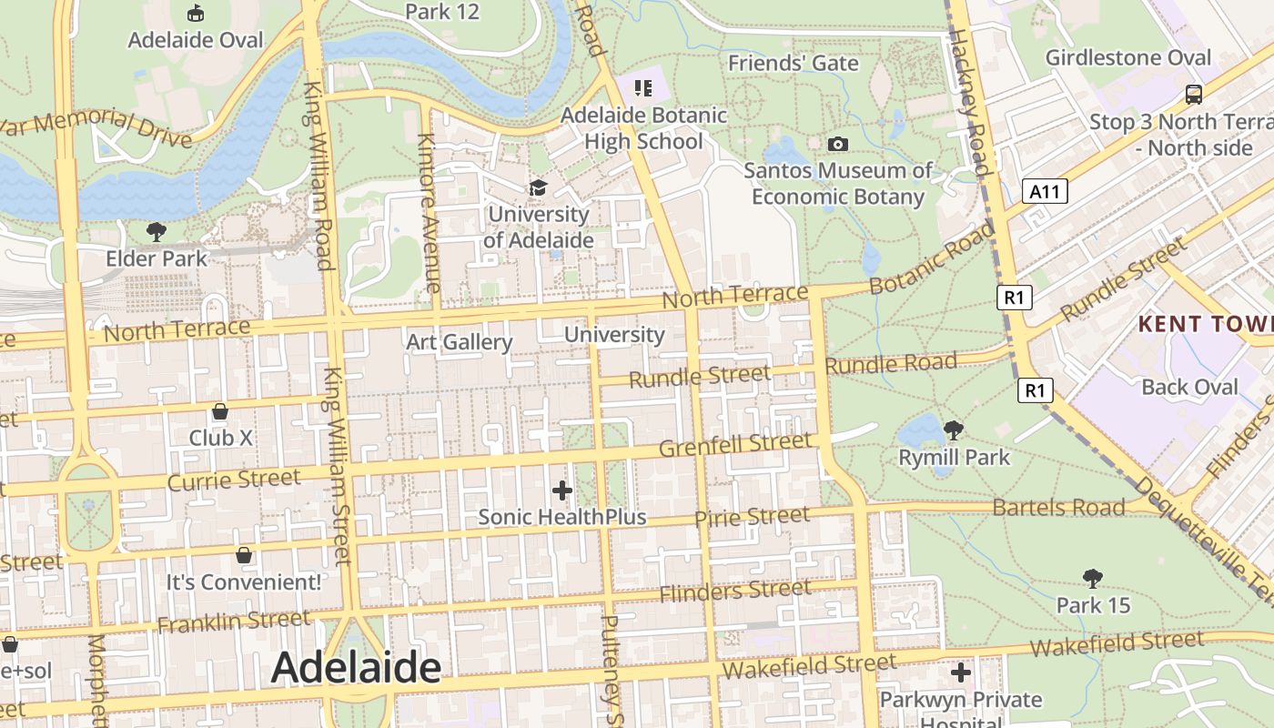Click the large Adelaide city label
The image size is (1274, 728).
coord(356,668)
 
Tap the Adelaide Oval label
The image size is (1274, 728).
coord(195,40)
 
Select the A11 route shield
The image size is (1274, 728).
coord(1045,191)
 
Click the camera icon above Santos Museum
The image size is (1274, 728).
coord(838,144)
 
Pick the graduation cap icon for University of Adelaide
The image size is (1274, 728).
coord(539,187)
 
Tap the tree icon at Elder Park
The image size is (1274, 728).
coord(157,232)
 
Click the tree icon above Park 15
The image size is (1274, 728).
coord(1093,578)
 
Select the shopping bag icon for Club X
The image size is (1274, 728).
coord(219,411)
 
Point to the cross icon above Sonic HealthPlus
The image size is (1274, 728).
coord(562,490)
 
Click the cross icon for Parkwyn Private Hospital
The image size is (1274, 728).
coord(961,672)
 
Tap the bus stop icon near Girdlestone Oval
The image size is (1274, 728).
coord(1193,94)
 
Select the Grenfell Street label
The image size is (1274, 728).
coord(734,445)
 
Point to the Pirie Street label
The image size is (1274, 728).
coord(752,517)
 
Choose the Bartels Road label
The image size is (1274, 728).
coord(1058,507)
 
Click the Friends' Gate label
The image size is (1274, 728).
coord(793,63)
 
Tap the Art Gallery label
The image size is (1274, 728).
coord(459,342)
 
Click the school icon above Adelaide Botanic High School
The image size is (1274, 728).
coord(643,88)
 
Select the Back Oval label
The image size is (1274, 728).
coord(1189,387)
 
